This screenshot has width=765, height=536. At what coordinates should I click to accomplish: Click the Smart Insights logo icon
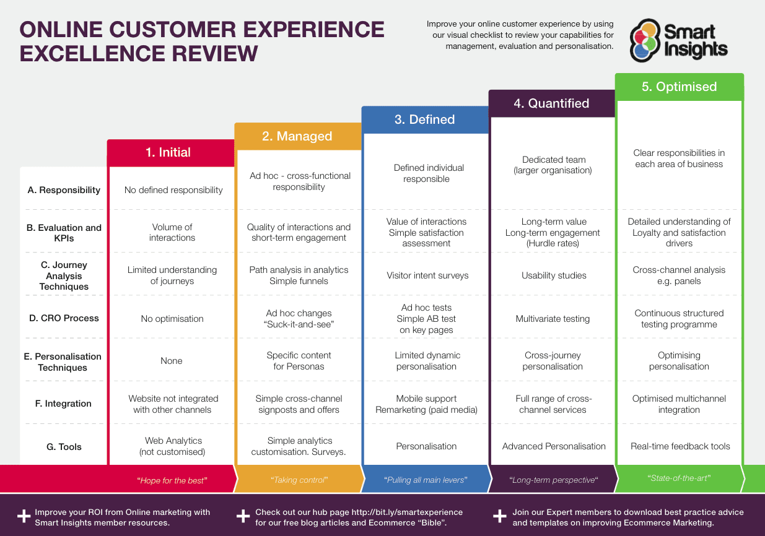(645, 40)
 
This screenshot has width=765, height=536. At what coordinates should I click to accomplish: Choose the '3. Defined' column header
(425, 119)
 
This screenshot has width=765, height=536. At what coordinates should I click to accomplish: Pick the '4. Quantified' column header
(551, 103)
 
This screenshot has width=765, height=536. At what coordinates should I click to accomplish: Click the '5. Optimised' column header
(680, 87)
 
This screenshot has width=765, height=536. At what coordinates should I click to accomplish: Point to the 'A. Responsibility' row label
(64, 189)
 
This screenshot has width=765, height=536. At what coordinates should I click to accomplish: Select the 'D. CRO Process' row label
(64, 318)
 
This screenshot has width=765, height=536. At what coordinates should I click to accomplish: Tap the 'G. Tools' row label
(64, 447)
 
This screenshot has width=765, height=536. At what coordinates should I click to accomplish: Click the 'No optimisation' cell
(172, 319)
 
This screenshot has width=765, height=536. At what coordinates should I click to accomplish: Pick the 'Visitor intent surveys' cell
(427, 275)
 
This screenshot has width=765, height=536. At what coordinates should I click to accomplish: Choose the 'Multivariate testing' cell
(553, 319)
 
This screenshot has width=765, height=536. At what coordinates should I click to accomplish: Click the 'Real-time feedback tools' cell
(680, 446)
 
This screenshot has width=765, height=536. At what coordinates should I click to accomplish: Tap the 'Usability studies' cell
(554, 275)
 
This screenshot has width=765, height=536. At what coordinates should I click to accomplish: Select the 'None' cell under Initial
(172, 361)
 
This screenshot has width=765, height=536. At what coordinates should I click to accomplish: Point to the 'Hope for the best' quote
(172, 480)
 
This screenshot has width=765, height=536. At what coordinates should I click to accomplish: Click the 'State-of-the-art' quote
(679, 478)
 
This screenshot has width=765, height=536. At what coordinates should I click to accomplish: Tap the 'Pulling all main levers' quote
(426, 480)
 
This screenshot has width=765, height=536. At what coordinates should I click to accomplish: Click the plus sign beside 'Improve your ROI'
(24, 516)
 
